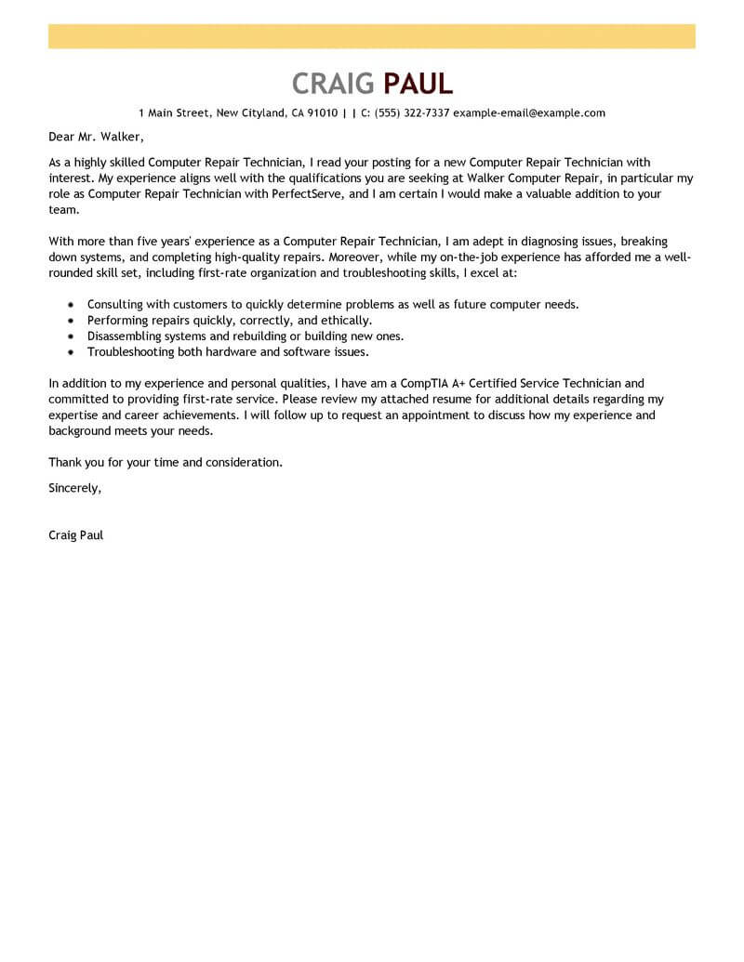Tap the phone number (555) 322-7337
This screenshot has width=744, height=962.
click(412, 113)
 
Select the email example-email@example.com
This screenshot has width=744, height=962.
click(529, 113)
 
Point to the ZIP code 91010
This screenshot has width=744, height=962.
click(322, 113)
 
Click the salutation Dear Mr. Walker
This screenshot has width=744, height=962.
click(91, 138)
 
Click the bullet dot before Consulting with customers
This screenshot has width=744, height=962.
click(71, 305)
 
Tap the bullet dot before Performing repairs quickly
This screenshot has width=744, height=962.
click(71, 321)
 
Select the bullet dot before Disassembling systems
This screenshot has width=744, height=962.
click(71, 336)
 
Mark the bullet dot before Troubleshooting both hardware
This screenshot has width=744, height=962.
click(71, 352)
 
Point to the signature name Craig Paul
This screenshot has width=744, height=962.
click(75, 535)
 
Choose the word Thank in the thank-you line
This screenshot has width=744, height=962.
click(65, 462)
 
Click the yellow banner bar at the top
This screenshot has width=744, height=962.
click(372, 36)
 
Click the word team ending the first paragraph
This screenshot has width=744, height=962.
click(62, 211)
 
